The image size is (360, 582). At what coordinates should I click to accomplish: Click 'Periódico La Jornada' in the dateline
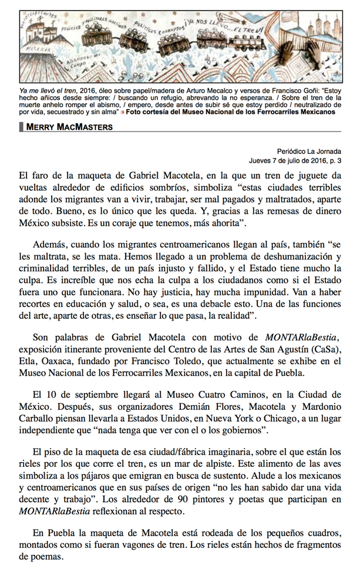pyautogui.click(x=309, y=152)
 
